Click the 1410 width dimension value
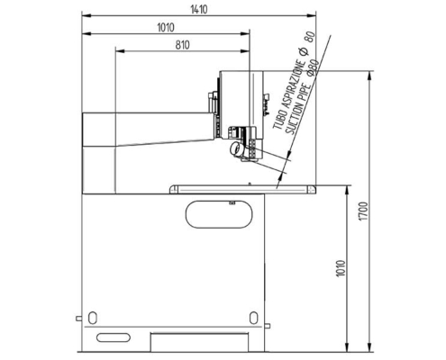(196, 9)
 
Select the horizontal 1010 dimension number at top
(165, 27)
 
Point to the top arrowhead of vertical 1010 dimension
(347, 189)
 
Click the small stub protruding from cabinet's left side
(77, 318)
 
